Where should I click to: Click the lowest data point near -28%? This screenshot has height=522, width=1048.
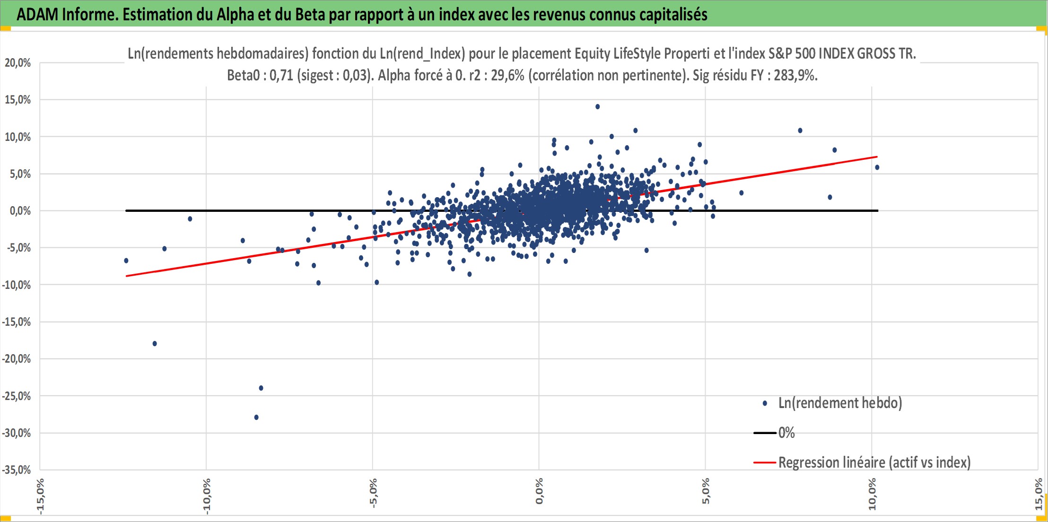pos(256,417)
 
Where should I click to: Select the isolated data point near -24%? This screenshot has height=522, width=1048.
pos(261,388)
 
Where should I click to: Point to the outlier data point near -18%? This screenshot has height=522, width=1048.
pos(155,343)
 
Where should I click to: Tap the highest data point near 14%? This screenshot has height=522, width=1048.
pos(597,106)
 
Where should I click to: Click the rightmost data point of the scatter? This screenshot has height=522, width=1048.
pos(877,167)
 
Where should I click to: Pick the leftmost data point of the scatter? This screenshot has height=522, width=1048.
pos(126,261)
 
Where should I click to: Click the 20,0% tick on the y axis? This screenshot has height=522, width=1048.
pos(18,63)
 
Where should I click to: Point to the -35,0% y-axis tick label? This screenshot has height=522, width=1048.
pos(17,470)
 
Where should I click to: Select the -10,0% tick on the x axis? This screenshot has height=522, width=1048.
pos(207,495)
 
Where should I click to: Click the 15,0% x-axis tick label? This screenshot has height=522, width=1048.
pos(1039,494)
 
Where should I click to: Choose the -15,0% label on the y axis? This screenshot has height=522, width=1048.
pos(17,322)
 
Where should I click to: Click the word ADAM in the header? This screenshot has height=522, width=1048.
pos(37,15)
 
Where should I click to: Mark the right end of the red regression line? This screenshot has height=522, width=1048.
pos(877,157)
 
